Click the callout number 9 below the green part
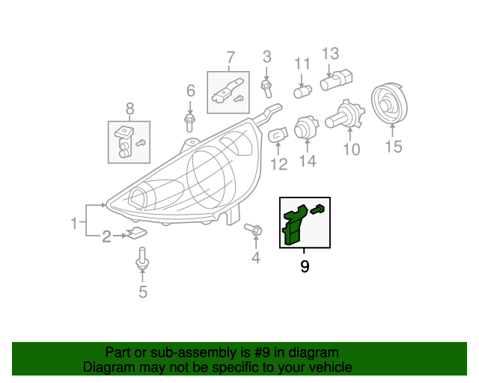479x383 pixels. (305, 266)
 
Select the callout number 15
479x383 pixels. (393, 147)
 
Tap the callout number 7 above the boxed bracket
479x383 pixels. (230, 57)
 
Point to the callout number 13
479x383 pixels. (330, 54)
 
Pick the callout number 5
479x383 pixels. (143, 292)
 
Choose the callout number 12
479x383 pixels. (278, 165)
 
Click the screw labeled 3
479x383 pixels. (266, 88)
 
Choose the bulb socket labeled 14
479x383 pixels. (306, 129)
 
